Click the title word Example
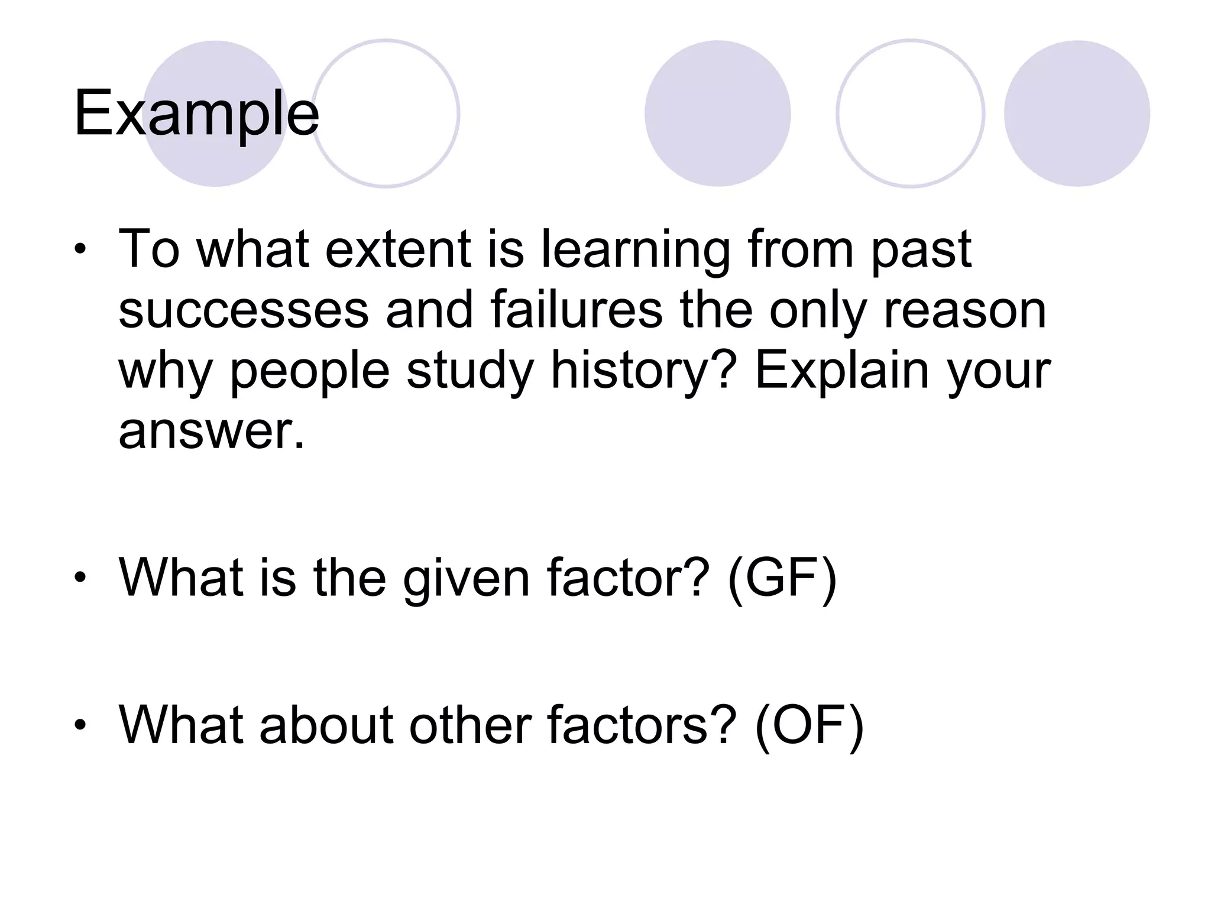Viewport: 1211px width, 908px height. [196, 113]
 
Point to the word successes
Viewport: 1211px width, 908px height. [244, 311]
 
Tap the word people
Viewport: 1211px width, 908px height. [309, 372]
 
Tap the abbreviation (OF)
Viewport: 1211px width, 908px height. [809, 725]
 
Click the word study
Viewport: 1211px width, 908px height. [470, 372]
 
